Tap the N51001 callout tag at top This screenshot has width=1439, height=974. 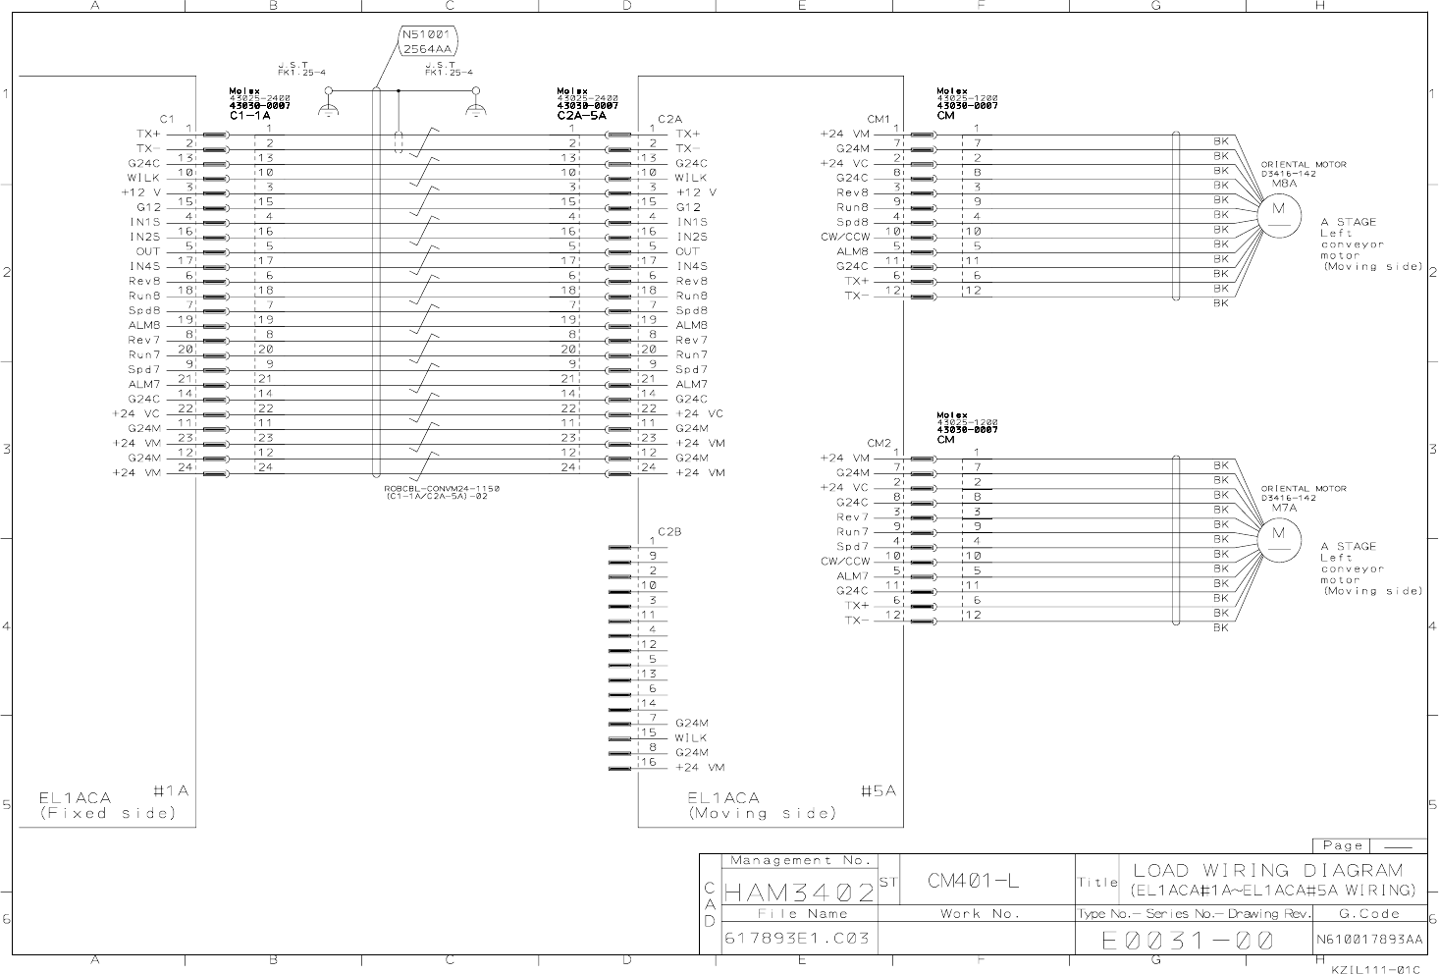tap(426, 40)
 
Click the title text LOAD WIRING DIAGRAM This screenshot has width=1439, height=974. tap(1268, 870)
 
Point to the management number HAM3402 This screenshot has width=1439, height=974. tap(799, 893)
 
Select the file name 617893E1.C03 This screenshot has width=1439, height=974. tap(797, 938)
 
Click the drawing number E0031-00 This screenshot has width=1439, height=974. tap(1188, 941)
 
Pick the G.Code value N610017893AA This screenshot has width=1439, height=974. tap(1369, 940)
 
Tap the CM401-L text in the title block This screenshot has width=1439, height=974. tap(973, 881)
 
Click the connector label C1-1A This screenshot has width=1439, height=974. tap(249, 116)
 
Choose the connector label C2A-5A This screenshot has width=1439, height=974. tap(581, 116)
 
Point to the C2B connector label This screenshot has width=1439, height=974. tap(669, 531)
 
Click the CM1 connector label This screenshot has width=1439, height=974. tap(879, 119)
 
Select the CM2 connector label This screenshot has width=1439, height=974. tap(879, 443)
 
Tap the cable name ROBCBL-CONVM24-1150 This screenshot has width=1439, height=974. tap(442, 488)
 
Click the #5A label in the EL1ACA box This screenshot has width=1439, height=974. tap(878, 791)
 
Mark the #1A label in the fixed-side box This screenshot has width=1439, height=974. tap(171, 791)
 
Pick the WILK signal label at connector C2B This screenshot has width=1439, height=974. tap(690, 737)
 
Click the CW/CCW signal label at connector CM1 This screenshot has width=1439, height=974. tap(844, 237)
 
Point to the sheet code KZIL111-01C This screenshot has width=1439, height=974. tap(1375, 968)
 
